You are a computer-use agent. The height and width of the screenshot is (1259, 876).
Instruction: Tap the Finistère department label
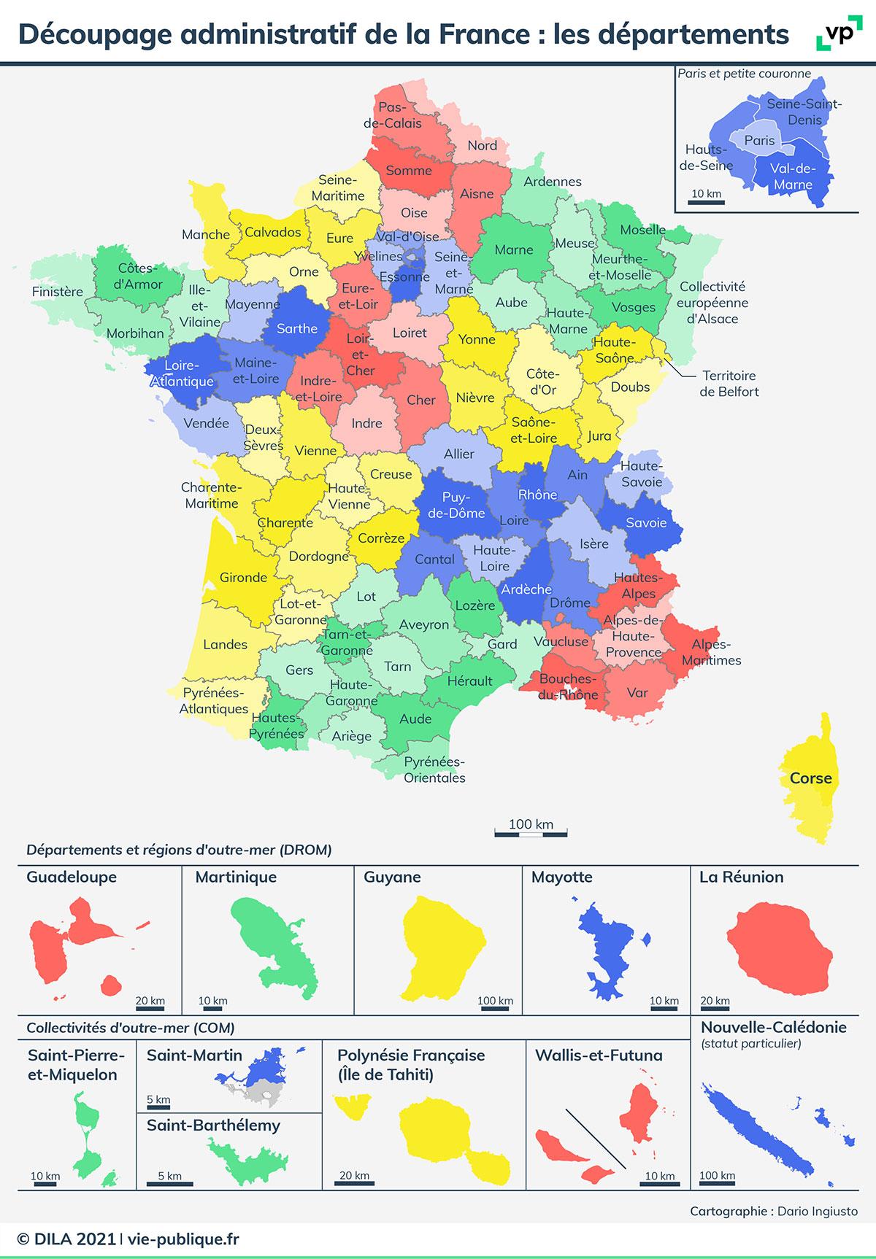[58, 292]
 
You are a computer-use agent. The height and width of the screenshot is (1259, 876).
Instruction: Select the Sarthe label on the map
[297, 329]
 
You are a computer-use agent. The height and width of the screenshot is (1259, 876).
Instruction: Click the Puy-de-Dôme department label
[456, 505]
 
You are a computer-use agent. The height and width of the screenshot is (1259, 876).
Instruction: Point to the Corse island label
[810, 778]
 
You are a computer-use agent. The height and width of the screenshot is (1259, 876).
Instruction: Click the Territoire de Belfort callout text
[729, 384]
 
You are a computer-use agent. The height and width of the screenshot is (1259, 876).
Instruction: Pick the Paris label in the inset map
[759, 140]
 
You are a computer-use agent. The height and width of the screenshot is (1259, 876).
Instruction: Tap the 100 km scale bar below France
[531, 832]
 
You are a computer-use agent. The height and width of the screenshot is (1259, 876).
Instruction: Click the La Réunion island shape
[779, 947]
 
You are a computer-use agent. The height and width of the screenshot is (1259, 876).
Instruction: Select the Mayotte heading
[562, 877]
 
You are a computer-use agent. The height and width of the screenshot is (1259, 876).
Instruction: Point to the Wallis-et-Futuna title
[599, 1055]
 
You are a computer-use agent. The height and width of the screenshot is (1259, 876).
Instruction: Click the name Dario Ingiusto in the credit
[818, 1212]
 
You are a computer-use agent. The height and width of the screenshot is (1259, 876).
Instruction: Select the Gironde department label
[243, 578]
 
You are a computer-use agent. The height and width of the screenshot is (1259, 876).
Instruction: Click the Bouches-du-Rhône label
[569, 687]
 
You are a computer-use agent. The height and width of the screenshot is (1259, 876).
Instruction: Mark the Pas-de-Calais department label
[393, 115]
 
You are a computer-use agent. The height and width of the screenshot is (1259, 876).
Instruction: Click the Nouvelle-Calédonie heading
[774, 1027]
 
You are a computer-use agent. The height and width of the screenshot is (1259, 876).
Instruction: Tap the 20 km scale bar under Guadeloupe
[150, 1009]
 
